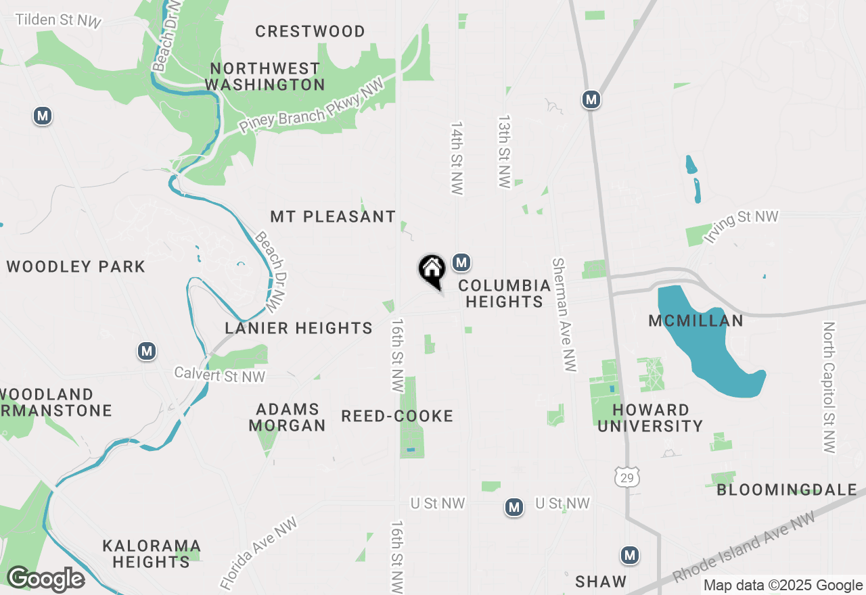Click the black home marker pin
coord(432,270)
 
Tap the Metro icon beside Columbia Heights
coord(461,262)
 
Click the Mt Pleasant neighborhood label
coord(333,217)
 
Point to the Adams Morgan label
coord(287,417)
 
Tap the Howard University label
coord(650,418)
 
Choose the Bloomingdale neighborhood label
coord(786,490)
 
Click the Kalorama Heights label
coord(152,553)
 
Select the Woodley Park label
coord(76,266)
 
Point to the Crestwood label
coord(310,31)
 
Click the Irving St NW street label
coord(742,226)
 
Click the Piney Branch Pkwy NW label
coord(311,105)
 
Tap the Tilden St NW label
coord(58,20)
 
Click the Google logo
coord(45,579)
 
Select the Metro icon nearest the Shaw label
coord(630,555)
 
